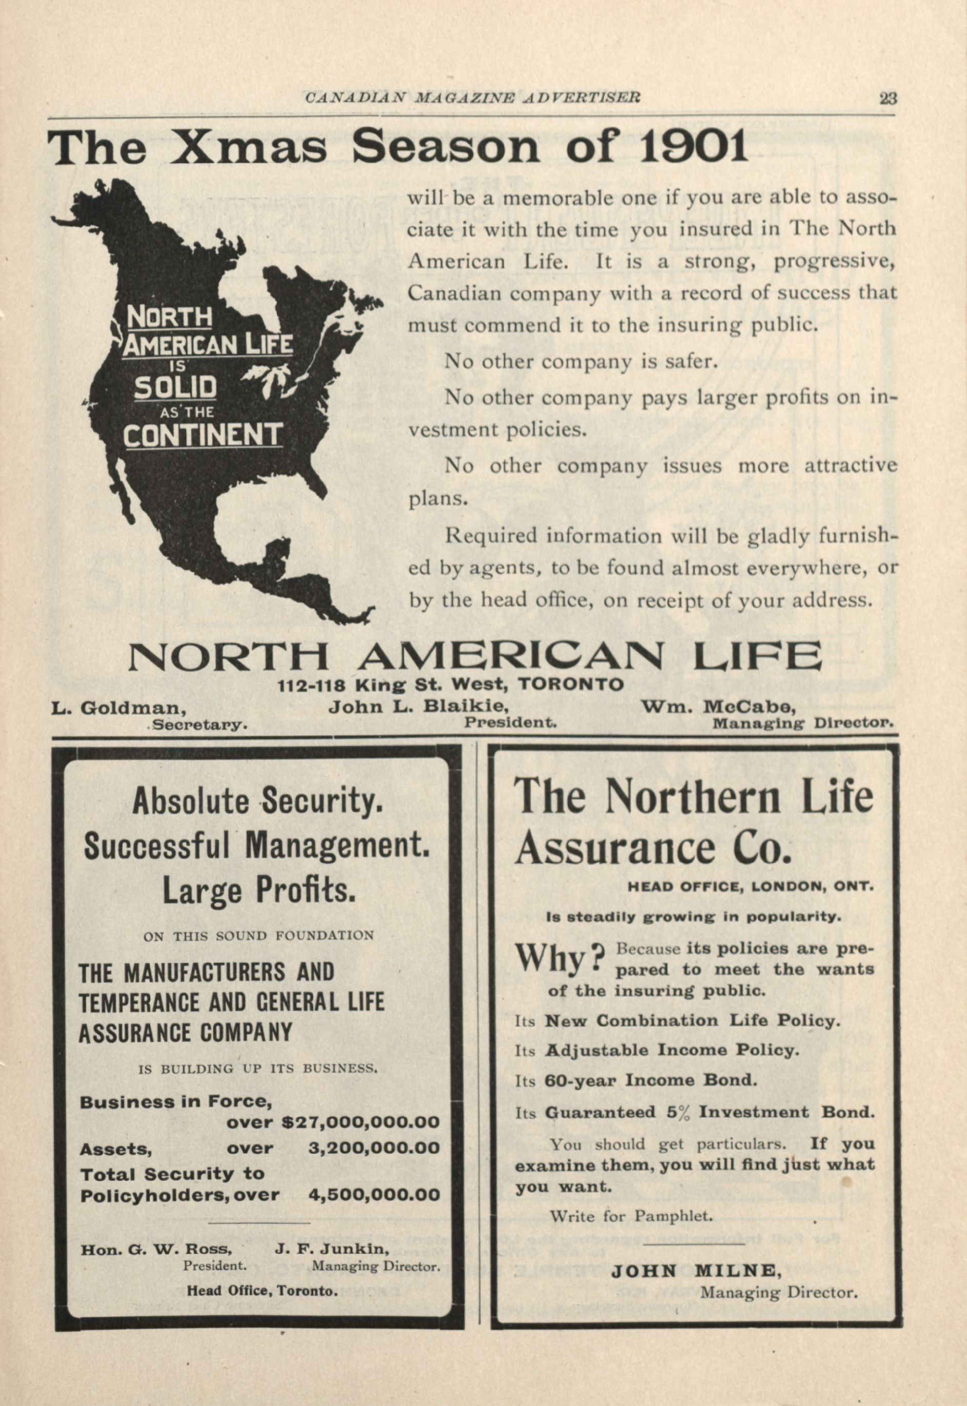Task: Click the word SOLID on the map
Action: click(175, 387)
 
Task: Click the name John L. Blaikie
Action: click(418, 706)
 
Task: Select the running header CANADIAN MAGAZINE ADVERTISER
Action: click(473, 97)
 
